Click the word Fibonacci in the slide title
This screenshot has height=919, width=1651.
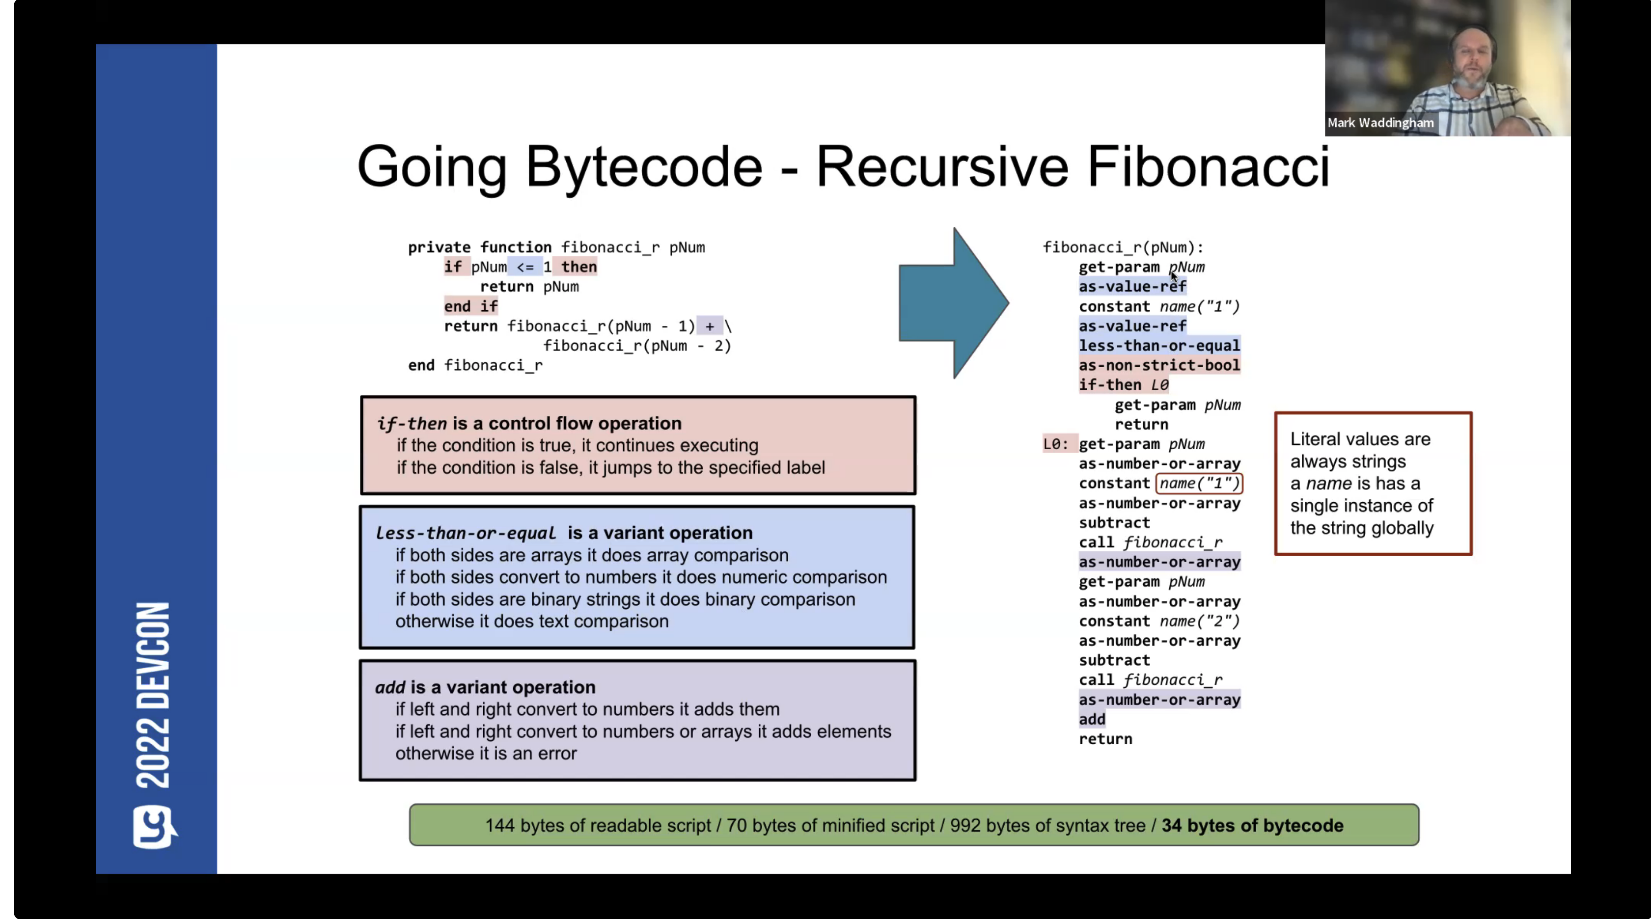tap(1208, 166)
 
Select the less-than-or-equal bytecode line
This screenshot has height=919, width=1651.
tap(1159, 346)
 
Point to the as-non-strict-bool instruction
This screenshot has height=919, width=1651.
tap(1159, 365)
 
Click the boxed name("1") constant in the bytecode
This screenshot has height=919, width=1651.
tap(1199, 483)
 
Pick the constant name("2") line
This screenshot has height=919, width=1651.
tap(1159, 621)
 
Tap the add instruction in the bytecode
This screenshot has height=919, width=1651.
tap(1092, 719)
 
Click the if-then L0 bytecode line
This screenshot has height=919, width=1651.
tap(1123, 385)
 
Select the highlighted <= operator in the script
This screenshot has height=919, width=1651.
tap(525, 267)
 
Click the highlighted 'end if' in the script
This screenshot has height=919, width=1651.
tap(470, 306)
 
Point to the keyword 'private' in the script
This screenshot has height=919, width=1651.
tap(439, 247)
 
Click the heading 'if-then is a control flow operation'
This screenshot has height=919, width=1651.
tap(529, 424)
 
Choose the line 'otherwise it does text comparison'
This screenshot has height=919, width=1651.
tap(531, 621)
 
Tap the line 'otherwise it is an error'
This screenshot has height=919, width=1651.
tap(485, 753)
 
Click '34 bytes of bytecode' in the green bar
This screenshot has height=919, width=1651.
tap(1252, 825)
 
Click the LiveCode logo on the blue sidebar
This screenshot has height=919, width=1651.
tap(154, 827)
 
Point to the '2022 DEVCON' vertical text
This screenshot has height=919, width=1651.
tap(154, 695)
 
